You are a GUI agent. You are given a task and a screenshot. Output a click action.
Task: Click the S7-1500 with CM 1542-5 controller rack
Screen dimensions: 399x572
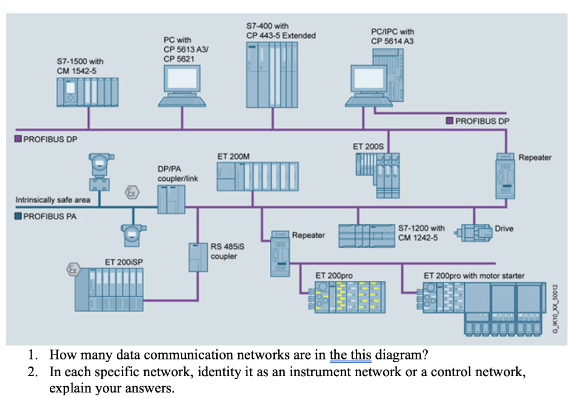(x=88, y=92)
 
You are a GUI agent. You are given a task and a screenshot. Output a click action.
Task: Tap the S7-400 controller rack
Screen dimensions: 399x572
(x=271, y=70)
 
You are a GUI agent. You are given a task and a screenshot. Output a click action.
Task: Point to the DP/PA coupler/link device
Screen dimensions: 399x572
(x=171, y=199)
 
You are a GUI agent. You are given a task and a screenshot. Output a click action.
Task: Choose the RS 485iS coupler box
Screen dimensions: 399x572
(x=198, y=257)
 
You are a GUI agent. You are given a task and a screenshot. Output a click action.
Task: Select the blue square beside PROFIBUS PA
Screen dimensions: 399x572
(x=18, y=217)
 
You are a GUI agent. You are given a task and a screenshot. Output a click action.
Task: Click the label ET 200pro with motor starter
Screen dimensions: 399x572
(x=474, y=276)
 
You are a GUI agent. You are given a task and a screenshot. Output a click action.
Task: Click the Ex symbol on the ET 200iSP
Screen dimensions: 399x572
(x=71, y=269)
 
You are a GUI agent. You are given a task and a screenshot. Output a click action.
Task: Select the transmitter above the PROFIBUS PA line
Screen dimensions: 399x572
(x=99, y=170)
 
